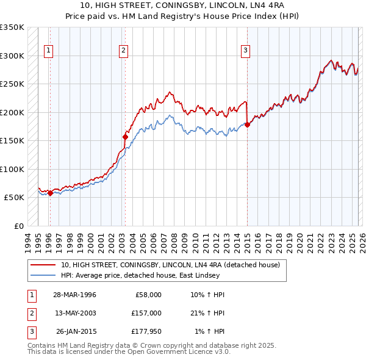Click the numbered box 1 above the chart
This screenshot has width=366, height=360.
pyautogui.click(x=48, y=51)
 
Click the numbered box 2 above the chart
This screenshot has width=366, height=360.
pyautogui.click(x=123, y=51)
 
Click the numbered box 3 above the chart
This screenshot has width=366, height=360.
pyautogui.click(x=245, y=51)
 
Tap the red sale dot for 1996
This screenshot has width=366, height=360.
pyautogui.click(x=50, y=193)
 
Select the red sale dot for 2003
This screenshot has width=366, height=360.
pyautogui.click(x=125, y=137)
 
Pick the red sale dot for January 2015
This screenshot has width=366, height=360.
pyautogui.click(x=247, y=126)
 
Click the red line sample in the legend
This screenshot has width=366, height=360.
pyautogui.click(x=43, y=265)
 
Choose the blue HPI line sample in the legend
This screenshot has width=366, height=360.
pyautogui.click(x=43, y=275)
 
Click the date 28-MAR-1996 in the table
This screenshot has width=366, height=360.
pyautogui.click(x=74, y=295)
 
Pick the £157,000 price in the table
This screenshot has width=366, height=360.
pyautogui.click(x=146, y=313)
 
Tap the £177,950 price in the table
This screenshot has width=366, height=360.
pyautogui.click(x=146, y=331)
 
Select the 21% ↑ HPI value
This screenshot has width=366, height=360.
pyautogui.click(x=207, y=313)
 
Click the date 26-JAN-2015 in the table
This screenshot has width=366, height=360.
pyautogui.click(x=76, y=331)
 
